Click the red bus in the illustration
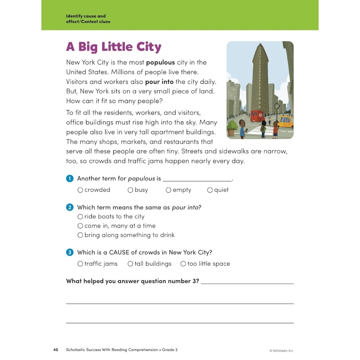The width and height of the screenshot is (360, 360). (x=257, y=116)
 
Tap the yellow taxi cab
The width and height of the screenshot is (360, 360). (x=285, y=121)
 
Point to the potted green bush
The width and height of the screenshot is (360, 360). (x=233, y=127)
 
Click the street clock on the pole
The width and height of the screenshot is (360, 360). (x=277, y=106)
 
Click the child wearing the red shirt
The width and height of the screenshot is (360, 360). (x=275, y=129)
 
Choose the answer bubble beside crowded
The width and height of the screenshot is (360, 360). (x=80, y=190)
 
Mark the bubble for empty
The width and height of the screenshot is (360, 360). (x=168, y=190)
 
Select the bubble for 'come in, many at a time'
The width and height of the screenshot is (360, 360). (x=80, y=226)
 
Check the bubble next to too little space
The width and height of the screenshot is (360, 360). (x=183, y=264)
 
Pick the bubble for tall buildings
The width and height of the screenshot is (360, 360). (x=130, y=264)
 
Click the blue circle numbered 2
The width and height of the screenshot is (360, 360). (x=69, y=207)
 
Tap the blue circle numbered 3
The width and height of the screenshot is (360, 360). (x=69, y=252)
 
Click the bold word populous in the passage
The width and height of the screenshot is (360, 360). (x=160, y=62)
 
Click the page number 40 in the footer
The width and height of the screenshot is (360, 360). (x=55, y=350)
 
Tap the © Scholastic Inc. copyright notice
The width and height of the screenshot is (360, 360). (x=282, y=351)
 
